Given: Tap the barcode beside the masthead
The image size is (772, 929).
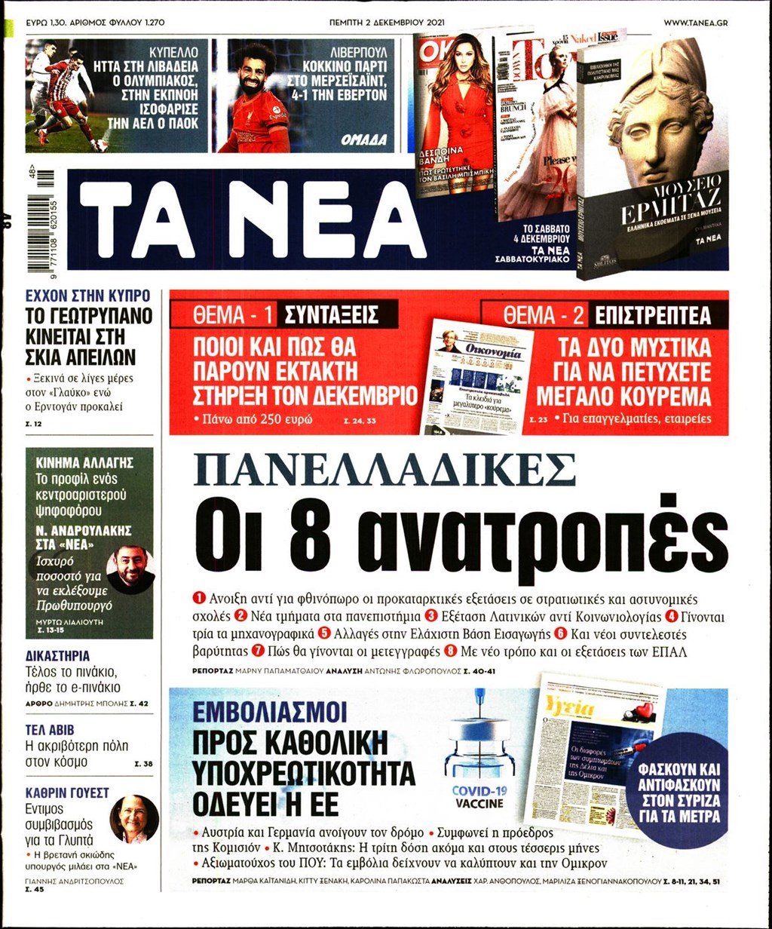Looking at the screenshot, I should tap(45, 219).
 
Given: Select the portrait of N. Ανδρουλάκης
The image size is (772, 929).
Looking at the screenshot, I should tap(130, 571).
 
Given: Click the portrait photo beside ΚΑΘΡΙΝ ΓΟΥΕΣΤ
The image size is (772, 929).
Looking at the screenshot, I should tap(133, 819).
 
